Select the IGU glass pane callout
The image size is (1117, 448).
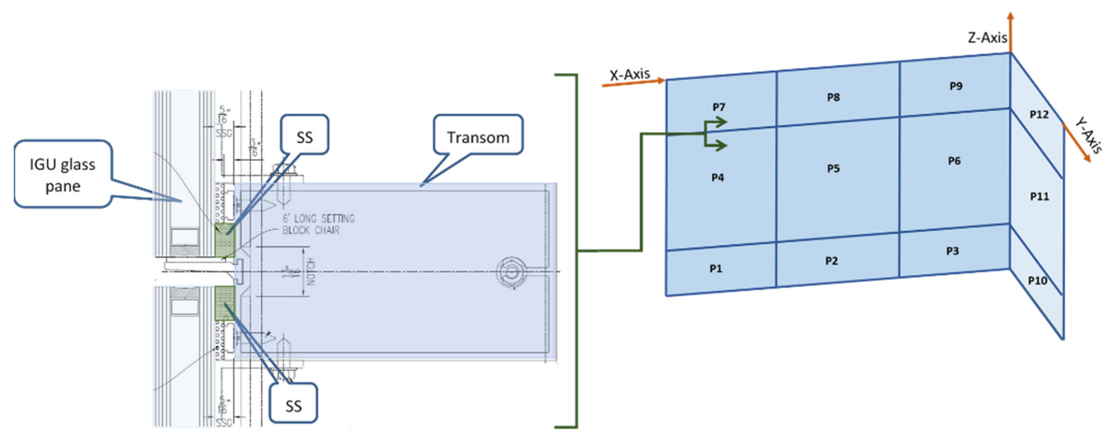[x=63, y=174]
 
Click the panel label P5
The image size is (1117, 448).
[x=833, y=168]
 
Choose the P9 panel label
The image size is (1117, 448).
[x=956, y=86]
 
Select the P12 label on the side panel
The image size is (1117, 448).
[x=1039, y=115]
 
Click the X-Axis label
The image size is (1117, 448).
[x=630, y=75]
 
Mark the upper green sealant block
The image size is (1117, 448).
[x=225, y=241]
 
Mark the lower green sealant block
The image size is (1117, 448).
[x=225, y=303]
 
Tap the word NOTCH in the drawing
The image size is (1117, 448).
[x=311, y=272]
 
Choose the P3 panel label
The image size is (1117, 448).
[x=952, y=251]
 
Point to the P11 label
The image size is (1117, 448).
[x=1039, y=197]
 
